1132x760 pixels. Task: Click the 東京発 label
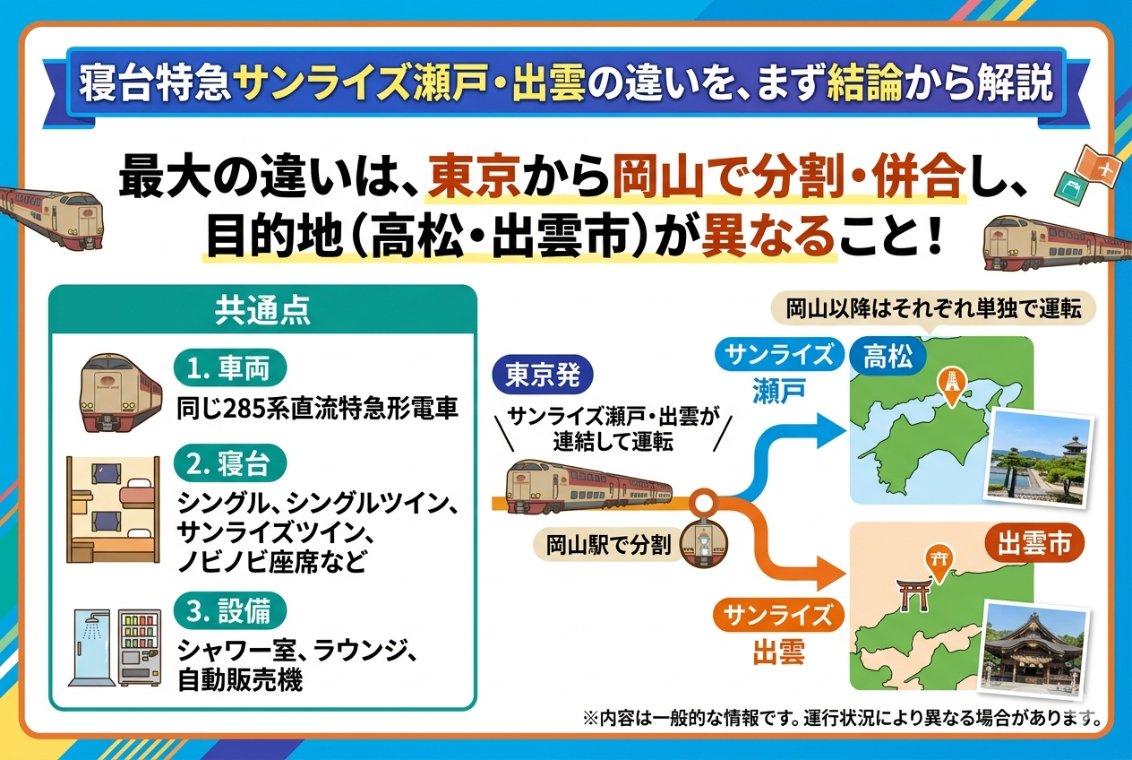coord(542,376)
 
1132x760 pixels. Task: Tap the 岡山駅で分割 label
coord(608,546)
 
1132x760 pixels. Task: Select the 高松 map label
coord(888,357)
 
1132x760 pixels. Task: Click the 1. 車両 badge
coord(230,368)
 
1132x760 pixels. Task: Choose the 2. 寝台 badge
coord(230,463)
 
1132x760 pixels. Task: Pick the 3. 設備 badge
coord(230,611)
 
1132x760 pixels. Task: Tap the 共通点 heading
coord(262,310)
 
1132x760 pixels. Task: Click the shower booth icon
coord(89,648)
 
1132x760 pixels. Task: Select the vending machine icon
coord(140,648)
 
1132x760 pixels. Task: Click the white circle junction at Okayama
coord(703,502)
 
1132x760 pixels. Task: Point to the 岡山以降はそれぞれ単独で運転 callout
coord(933,309)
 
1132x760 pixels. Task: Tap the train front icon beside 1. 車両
coord(120,393)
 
